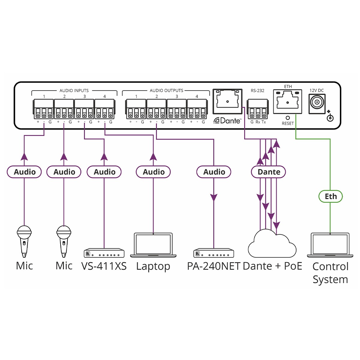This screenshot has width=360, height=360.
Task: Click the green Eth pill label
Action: [330, 196]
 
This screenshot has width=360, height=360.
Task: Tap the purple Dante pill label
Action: [268, 172]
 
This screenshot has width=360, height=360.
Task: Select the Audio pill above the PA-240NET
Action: [214, 172]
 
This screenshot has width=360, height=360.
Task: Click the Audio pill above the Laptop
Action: [153, 172]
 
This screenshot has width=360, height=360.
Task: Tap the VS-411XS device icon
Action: [104, 253]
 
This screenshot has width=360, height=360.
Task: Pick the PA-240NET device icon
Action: [214, 253]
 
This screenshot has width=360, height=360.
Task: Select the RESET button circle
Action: [288, 118]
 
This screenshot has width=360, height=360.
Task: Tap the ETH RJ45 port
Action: [287, 102]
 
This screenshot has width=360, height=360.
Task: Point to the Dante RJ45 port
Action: [227, 101]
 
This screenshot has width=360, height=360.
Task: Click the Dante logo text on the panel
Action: [227, 121]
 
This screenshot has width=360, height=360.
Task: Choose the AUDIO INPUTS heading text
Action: [74, 90]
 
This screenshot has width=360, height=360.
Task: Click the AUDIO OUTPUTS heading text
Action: [166, 90]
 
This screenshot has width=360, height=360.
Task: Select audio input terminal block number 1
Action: [44, 109]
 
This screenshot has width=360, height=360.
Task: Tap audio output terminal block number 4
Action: [197, 109]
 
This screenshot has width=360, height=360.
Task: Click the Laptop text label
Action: [153, 266]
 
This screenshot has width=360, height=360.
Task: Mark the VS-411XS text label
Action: [104, 266]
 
